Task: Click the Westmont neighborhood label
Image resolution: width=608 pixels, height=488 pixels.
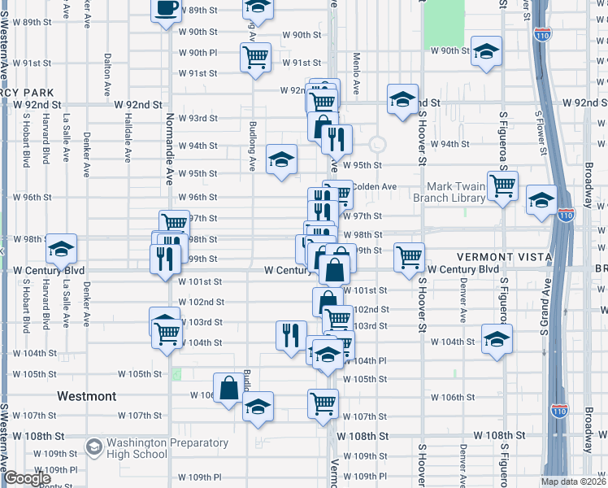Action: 86,396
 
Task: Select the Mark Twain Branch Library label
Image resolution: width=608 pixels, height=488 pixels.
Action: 449,192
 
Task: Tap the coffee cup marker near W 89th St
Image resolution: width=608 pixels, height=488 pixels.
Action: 167,10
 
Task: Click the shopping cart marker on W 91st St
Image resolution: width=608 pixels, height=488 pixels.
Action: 255,57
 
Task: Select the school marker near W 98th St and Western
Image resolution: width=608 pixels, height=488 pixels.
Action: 61,249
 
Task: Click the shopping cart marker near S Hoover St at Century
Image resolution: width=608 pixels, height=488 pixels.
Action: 409,257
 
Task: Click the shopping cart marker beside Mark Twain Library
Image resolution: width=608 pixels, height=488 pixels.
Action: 503,185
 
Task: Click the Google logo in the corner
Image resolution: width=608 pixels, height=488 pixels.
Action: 27,478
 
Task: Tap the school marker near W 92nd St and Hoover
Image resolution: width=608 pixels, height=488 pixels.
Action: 402,99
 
